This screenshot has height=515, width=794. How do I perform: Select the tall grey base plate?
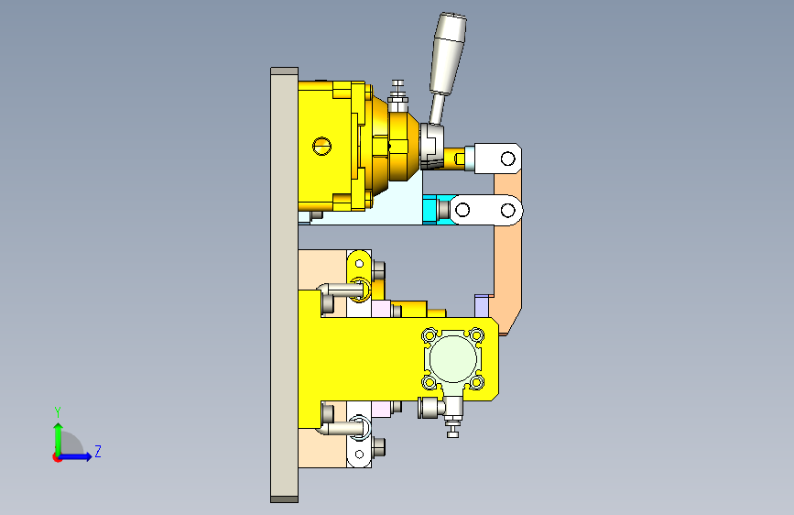click(x=284, y=285)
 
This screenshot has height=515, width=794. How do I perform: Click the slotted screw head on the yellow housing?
click(x=322, y=147)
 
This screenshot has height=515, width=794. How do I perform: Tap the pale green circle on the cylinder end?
click(x=452, y=358)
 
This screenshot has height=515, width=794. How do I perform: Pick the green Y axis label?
click(x=58, y=411)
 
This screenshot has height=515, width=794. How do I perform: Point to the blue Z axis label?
click(x=98, y=451)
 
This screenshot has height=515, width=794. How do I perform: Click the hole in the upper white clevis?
click(x=508, y=159)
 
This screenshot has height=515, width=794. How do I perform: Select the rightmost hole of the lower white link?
click(x=508, y=210)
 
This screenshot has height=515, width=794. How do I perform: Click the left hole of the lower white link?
click(x=462, y=210)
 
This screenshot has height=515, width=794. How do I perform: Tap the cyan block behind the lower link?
click(x=430, y=209)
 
